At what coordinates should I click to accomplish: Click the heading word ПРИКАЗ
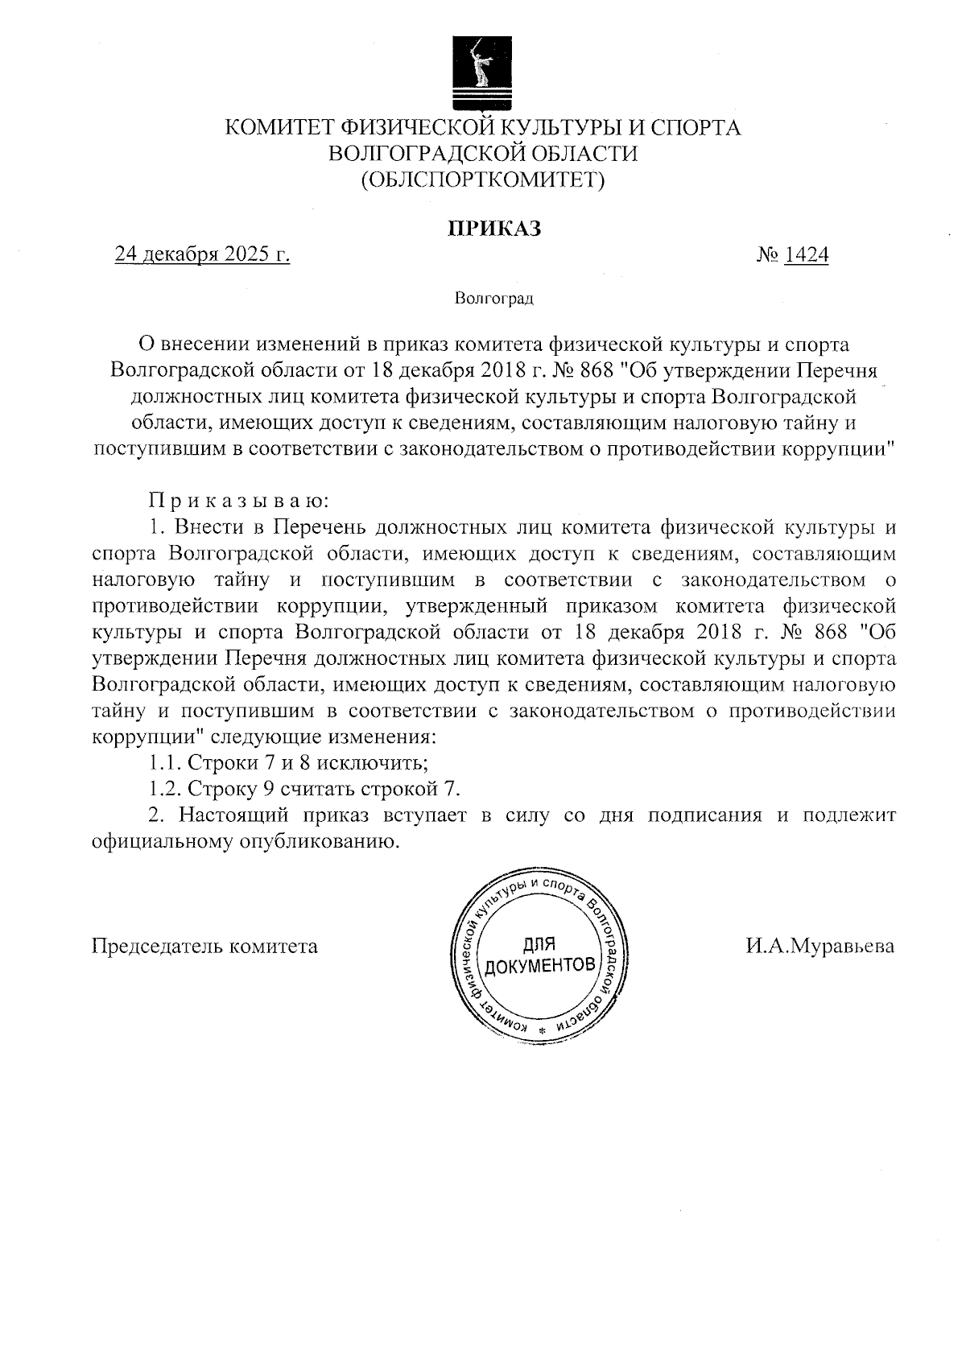(493, 229)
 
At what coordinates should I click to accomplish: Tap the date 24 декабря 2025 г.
(202, 255)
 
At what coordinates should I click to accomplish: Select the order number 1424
(806, 255)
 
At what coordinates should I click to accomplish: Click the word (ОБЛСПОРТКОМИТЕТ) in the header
(482, 178)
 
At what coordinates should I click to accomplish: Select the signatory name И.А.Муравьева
(819, 946)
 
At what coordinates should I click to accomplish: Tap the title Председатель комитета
(205, 946)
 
